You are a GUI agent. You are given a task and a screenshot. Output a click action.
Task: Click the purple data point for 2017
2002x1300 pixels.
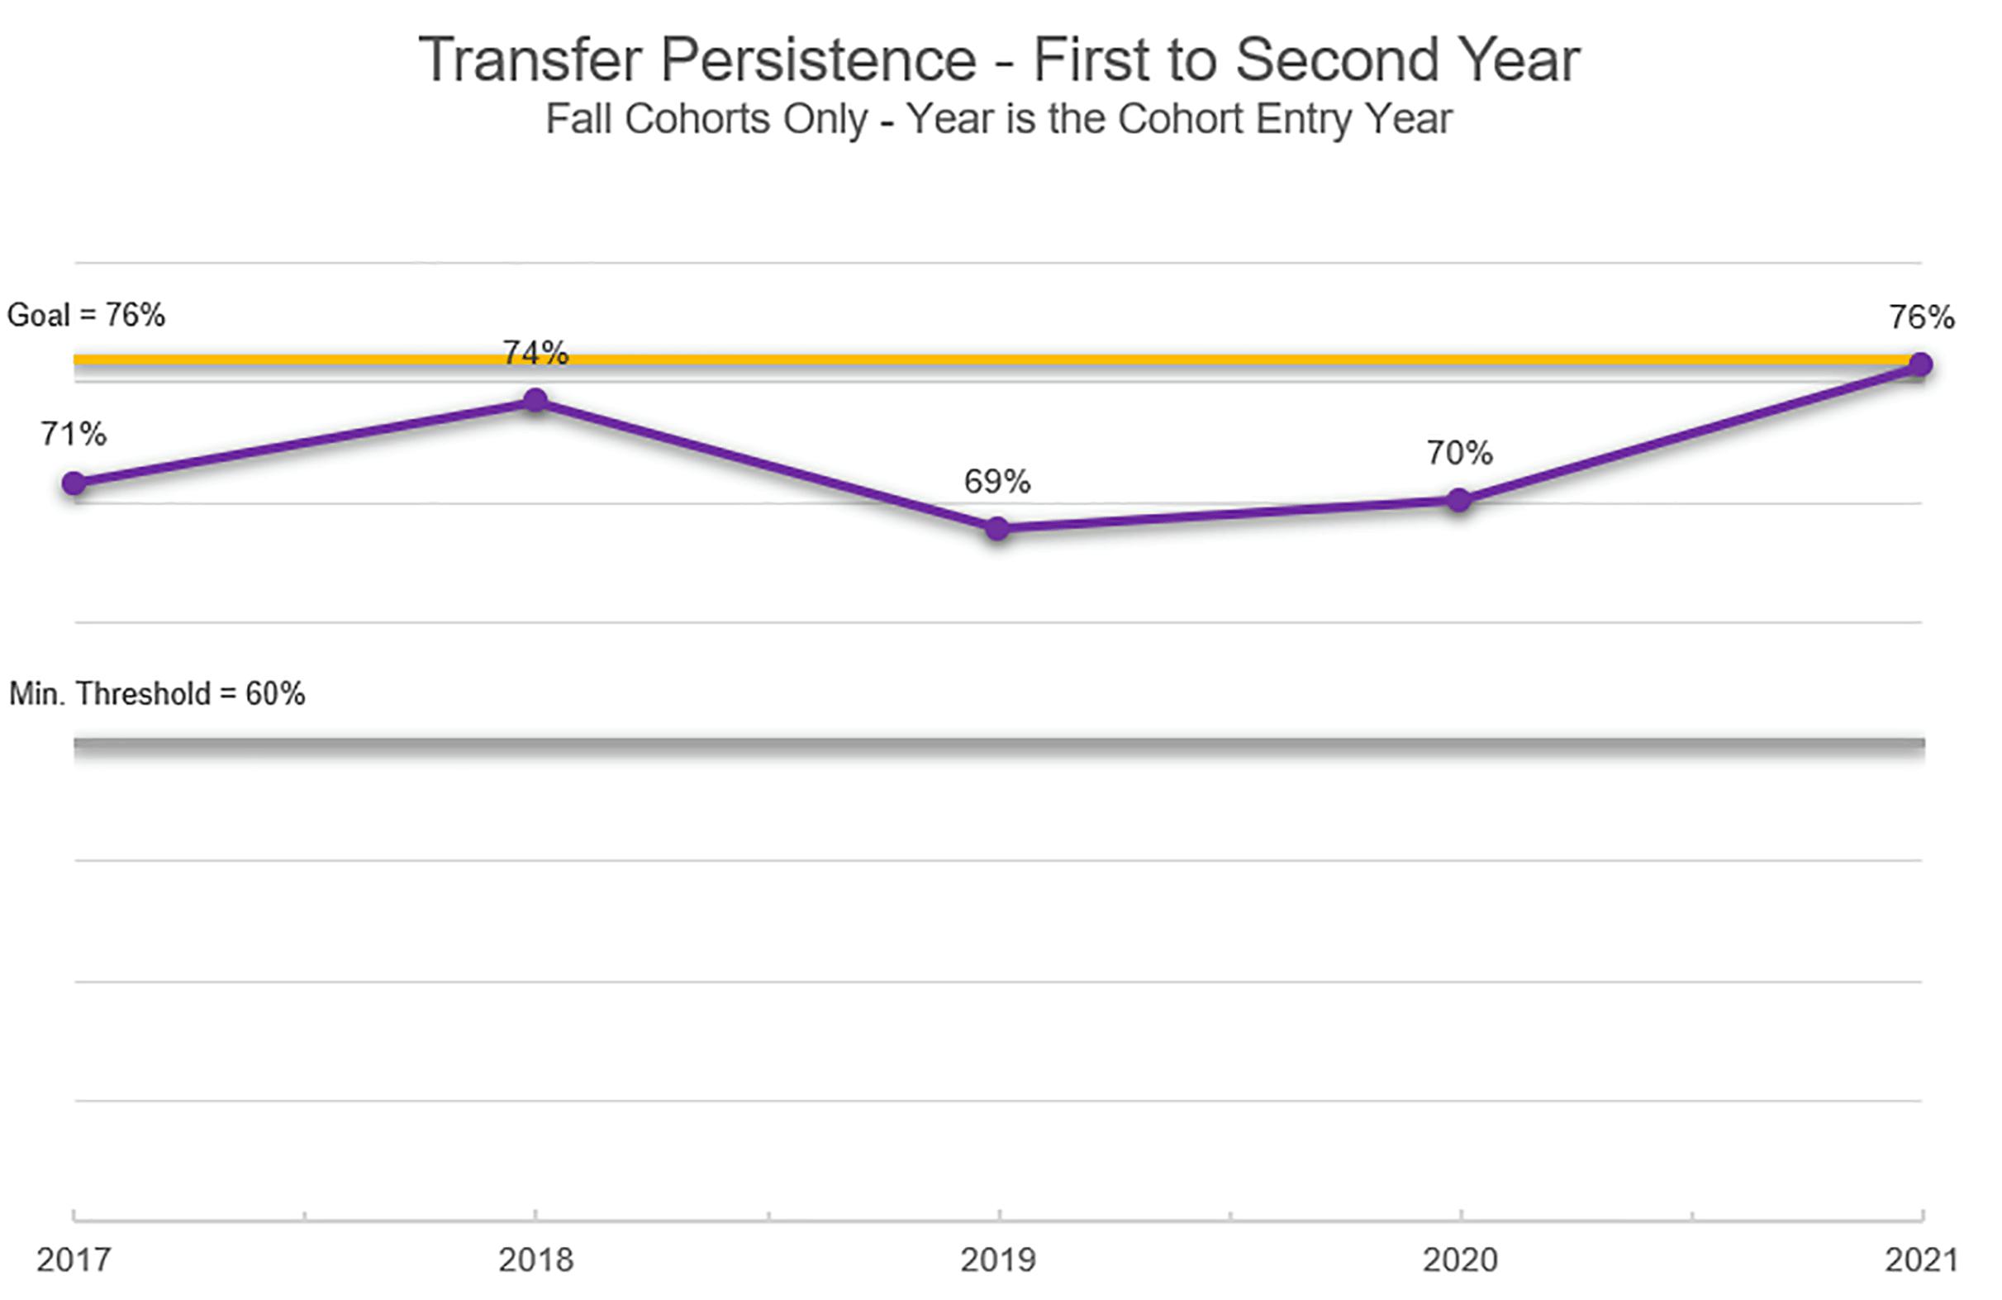[74, 483]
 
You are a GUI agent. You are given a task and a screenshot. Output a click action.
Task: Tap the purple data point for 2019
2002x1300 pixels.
[996, 528]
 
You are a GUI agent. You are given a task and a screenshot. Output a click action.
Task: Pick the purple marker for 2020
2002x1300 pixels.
[1458, 500]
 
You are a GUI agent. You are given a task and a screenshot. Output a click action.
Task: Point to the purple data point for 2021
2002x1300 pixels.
[1920, 364]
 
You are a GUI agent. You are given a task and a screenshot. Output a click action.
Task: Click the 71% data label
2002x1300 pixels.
[74, 434]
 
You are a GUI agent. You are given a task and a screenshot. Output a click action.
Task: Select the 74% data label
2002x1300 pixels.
[536, 353]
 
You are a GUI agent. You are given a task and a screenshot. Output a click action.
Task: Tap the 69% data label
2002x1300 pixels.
[996, 481]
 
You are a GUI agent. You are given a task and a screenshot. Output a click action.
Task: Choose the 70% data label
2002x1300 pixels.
[1459, 453]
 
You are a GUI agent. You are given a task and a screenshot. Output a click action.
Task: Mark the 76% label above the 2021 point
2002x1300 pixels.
[1922, 317]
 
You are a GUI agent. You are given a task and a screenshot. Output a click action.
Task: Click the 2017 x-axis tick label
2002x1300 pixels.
[74, 1260]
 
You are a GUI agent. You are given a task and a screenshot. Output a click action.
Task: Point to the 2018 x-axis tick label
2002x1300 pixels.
[536, 1260]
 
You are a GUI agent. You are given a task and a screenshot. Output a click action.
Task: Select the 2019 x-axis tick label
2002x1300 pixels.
[998, 1260]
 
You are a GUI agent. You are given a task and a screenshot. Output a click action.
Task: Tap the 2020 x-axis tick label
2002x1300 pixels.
[1460, 1260]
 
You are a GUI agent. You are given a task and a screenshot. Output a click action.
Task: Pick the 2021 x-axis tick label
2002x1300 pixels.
[1922, 1260]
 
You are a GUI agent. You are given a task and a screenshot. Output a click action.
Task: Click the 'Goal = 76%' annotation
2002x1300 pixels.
[86, 316]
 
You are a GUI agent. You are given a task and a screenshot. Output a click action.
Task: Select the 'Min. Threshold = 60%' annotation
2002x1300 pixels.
[156, 694]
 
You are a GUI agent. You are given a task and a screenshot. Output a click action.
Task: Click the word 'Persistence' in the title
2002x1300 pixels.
[819, 60]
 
